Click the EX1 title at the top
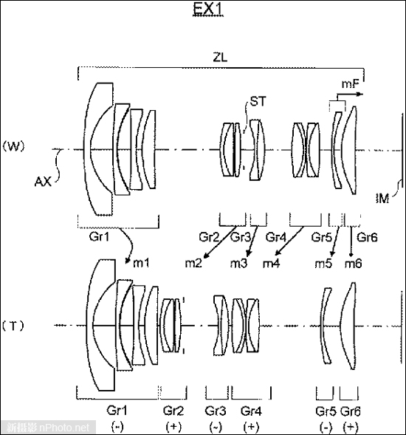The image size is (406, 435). (x=207, y=9)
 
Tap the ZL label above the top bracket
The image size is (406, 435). (x=220, y=57)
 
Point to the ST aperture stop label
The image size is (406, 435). (x=258, y=101)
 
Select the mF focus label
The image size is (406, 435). (x=350, y=83)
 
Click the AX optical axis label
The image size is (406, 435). (x=43, y=182)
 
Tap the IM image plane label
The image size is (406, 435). (x=382, y=199)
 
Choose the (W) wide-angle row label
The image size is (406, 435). (x=13, y=146)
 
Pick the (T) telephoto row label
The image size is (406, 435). (x=13, y=326)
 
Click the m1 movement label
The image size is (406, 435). (x=141, y=263)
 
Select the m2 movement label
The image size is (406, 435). (x=193, y=263)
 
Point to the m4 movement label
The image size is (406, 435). (x=271, y=263)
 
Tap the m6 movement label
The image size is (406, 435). (x=354, y=263)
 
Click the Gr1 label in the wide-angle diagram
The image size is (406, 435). (x=99, y=236)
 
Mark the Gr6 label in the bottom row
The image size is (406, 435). (x=351, y=411)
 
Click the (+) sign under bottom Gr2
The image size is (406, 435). (x=173, y=426)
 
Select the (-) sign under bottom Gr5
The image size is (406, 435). (x=326, y=427)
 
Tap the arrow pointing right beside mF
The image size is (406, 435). (x=350, y=95)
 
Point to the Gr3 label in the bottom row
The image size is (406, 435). (x=216, y=411)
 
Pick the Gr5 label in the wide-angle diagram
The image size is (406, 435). (x=322, y=237)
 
